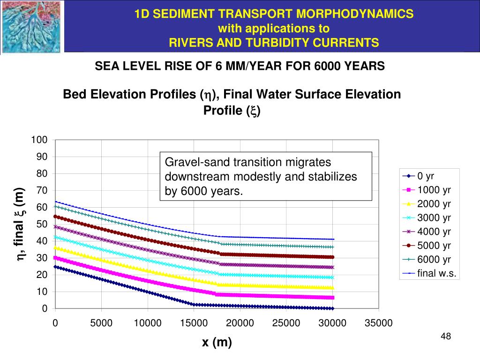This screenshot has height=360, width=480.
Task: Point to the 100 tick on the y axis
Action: click(39, 140)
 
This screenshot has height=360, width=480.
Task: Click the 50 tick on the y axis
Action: click(42, 224)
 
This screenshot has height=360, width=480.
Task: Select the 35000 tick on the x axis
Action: click(378, 323)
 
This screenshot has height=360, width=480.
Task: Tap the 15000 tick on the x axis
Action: click(194, 323)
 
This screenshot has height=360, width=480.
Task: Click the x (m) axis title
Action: click(217, 343)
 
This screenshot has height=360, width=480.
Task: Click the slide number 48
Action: click(446, 337)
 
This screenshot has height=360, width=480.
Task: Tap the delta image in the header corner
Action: click(31, 26)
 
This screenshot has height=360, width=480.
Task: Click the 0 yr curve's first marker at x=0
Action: click(55, 267)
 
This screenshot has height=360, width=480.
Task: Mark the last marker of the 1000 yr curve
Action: click(332, 298)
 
